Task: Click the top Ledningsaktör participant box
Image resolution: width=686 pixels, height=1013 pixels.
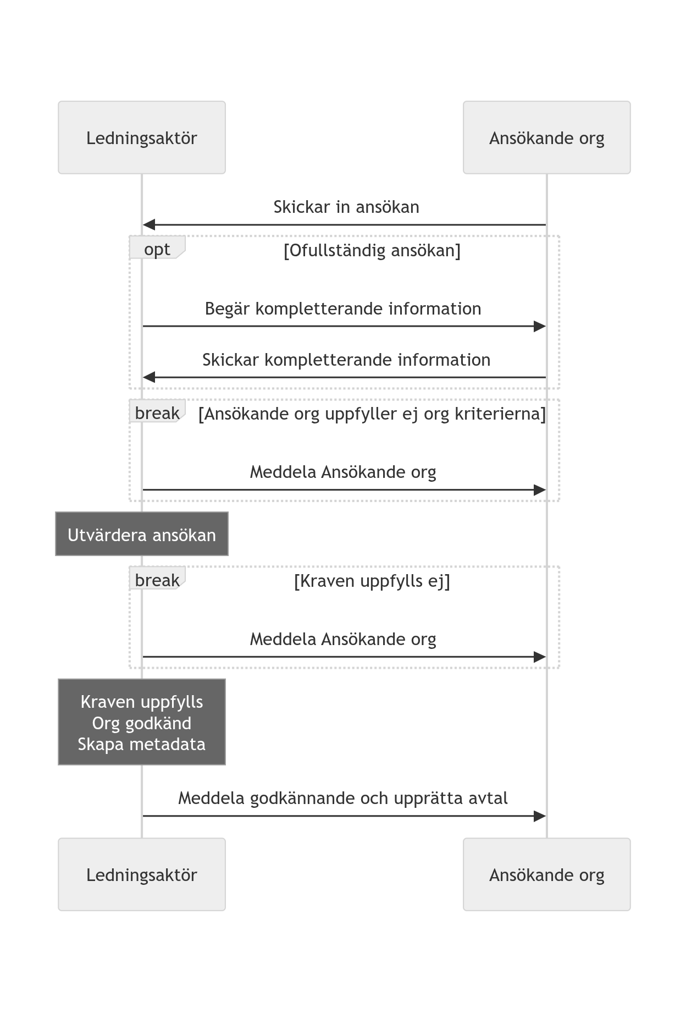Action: pos(142,137)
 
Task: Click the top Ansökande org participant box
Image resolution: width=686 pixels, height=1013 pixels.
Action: pos(546,137)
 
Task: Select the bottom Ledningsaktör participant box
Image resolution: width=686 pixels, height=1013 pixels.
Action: pos(142,874)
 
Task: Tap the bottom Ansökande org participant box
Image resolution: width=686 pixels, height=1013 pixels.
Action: pos(546,874)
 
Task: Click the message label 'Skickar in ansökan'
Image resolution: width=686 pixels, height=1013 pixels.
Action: pos(346,207)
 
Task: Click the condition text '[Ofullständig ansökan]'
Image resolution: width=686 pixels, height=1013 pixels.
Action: pos(372,250)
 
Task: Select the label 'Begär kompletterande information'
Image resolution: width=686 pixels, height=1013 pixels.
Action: pos(343,309)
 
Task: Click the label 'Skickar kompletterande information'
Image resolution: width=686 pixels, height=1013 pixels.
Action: pos(346,360)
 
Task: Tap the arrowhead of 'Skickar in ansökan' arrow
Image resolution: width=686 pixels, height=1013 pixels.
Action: pos(148,224)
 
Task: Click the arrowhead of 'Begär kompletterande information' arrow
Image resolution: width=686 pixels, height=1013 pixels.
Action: pos(540,326)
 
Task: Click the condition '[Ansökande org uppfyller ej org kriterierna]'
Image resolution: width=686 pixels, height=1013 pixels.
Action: pos(372,414)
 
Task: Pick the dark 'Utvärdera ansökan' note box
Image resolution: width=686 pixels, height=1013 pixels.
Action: pos(142,534)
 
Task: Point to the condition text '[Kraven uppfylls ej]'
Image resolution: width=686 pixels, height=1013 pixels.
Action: pos(372,581)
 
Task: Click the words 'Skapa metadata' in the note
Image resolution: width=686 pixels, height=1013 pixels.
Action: pos(142,744)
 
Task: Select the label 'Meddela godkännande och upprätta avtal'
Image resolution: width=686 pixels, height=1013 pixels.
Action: pos(343,798)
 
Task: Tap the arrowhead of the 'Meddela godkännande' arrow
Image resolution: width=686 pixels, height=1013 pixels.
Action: pos(540,816)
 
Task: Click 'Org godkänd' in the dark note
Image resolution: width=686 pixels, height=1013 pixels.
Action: pos(142,723)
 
